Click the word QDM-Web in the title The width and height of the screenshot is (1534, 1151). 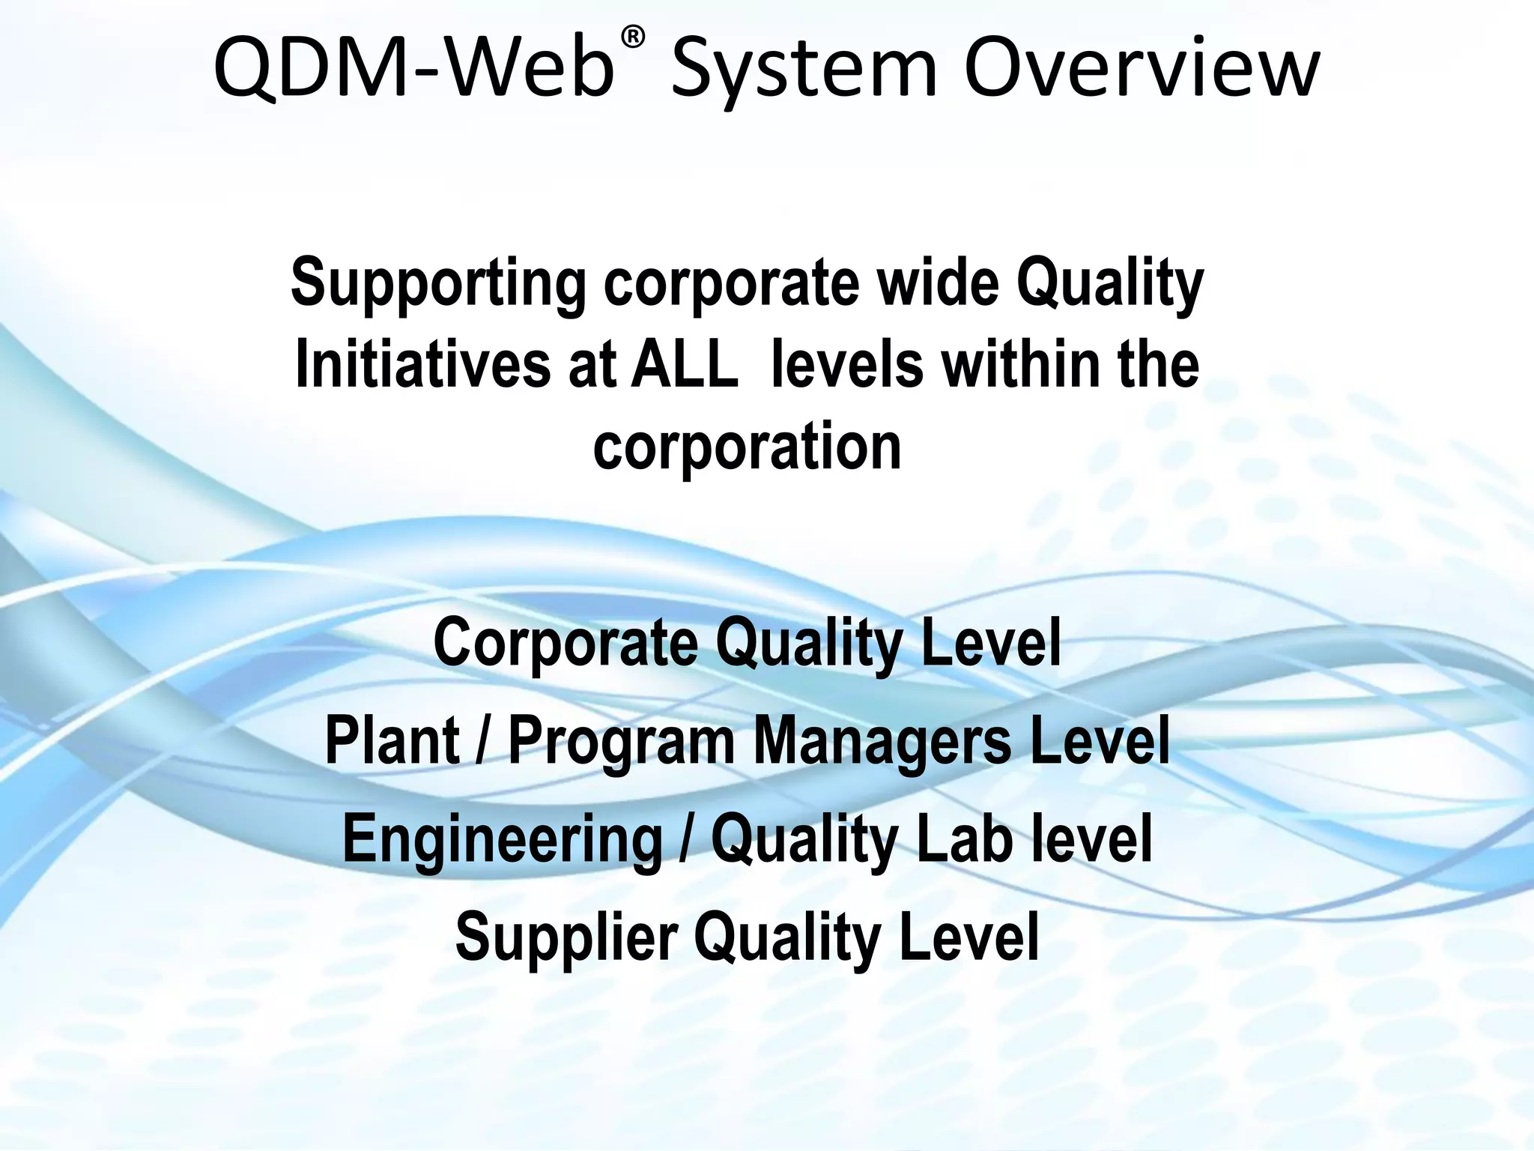(x=413, y=69)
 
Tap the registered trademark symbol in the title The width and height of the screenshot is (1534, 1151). (x=633, y=37)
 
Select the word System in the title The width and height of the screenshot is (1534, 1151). (x=804, y=70)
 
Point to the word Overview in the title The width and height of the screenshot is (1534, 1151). (x=1141, y=69)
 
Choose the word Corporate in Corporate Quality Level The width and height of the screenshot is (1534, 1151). (x=565, y=643)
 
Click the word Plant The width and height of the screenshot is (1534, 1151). (x=392, y=740)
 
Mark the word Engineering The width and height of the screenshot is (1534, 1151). (x=503, y=840)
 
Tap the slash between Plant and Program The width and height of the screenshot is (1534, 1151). (x=485, y=740)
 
